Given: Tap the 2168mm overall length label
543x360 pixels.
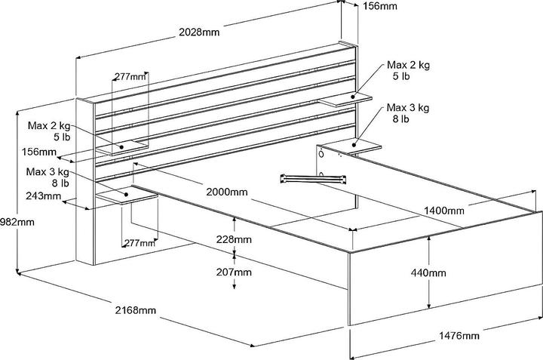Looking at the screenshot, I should [137, 310].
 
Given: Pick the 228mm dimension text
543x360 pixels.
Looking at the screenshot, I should [235, 239].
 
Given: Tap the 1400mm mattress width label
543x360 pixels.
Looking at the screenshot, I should [443, 210].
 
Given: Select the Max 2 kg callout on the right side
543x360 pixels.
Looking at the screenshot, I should [407, 66].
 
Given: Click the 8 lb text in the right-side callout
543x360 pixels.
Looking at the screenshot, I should [400, 118].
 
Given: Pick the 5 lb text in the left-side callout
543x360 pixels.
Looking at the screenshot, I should [61, 138].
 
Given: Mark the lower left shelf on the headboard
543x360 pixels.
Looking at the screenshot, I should [125, 197].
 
